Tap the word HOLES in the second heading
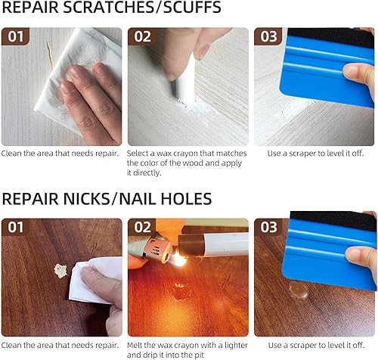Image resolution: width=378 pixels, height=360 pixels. pyautogui.click(x=186, y=199)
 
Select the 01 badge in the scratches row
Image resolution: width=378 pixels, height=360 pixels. pyautogui.click(x=15, y=36)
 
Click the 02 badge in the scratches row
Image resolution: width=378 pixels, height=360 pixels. pyautogui.click(x=142, y=36)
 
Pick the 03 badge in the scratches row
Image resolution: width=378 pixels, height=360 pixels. pyautogui.click(x=268, y=36)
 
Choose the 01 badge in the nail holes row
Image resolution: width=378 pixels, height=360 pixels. pyautogui.click(x=15, y=227)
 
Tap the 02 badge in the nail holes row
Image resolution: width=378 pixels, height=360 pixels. pyautogui.click(x=142, y=227)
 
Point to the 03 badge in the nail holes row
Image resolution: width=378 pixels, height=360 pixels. pyautogui.click(x=268, y=227)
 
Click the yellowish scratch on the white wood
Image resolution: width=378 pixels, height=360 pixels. pyautogui.click(x=50, y=55)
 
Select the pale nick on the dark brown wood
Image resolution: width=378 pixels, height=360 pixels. pyautogui.click(x=60, y=271)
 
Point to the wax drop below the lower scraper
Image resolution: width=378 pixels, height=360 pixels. pyautogui.click(x=299, y=290)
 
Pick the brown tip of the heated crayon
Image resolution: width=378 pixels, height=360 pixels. pyautogui.click(x=191, y=245)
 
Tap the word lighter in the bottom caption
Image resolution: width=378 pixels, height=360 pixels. pyautogui.click(x=234, y=345)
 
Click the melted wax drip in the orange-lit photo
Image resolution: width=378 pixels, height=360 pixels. pyautogui.click(x=181, y=290)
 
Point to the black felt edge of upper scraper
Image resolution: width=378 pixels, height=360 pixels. pyautogui.click(x=330, y=37)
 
